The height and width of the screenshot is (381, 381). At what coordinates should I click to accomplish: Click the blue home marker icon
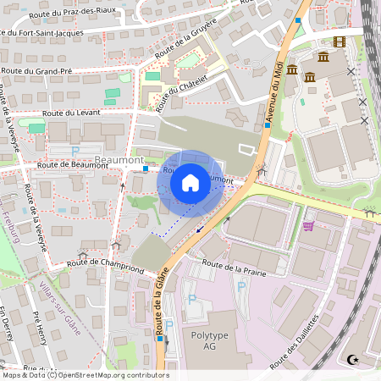pos(190,183)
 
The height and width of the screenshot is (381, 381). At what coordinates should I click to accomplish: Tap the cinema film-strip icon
pos(340,42)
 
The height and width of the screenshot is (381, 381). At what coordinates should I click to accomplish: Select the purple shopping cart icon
pos(308,225)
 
